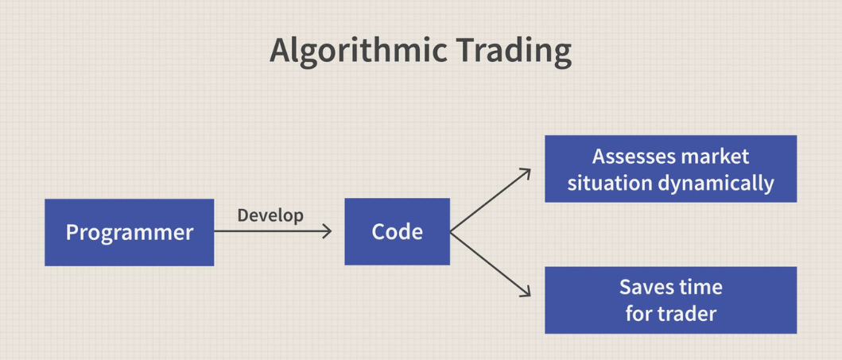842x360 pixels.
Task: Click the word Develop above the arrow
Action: coord(270,215)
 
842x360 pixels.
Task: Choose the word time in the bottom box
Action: coord(700,287)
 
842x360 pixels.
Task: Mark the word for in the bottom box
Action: coord(639,313)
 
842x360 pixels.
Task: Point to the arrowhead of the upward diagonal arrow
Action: coord(526,171)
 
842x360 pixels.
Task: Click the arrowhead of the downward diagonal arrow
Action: coord(526,294)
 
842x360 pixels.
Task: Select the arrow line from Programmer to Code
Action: coord(270,231)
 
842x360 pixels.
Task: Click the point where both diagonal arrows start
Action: coord(451,232)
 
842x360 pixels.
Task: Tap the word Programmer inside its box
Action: coord(129,232)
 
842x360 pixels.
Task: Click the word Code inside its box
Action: coord(397,232)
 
